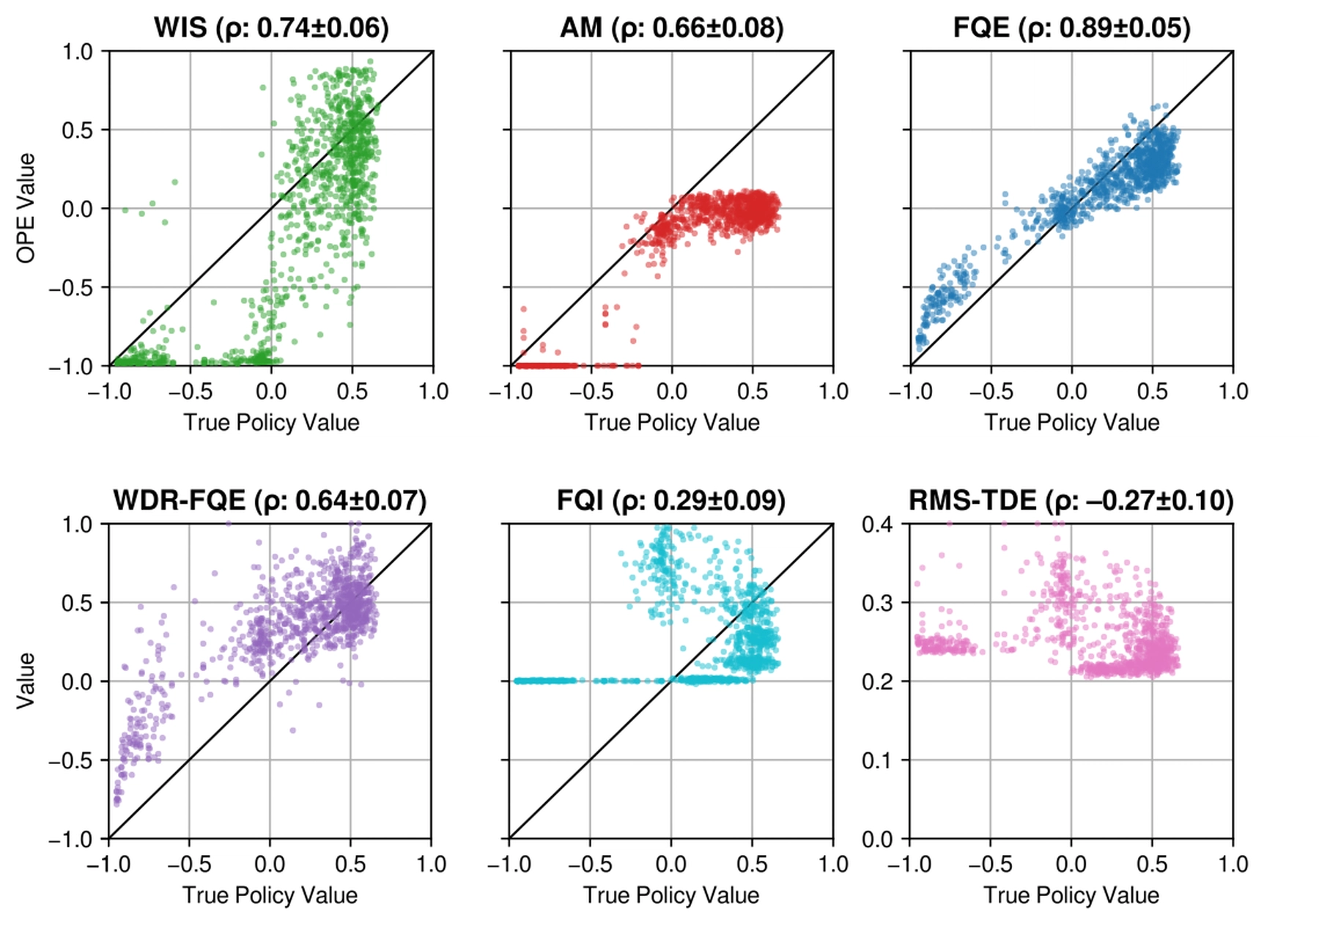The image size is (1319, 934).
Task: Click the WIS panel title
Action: (x=271, y=28)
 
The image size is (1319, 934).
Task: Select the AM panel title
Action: (x=672, y=28)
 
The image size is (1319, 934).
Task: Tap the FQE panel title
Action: (x=1072, y=28)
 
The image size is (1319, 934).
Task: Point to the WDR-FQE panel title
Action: (x=270, y=500)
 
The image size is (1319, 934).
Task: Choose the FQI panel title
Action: (x=671, y=500)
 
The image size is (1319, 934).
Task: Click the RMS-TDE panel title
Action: (x=1071, y=500)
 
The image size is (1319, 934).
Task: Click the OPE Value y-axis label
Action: (x=26, y=208)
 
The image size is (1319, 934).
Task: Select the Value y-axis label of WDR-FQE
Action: (x=26, y=681)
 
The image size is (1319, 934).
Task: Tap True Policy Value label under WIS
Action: (x=271, y=423)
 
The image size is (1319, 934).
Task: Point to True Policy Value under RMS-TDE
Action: (x=1071, y=895)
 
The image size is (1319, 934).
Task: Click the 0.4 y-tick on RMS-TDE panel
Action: (x=878, y=525)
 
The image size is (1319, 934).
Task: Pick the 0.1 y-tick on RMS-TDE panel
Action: (x=878, y=760)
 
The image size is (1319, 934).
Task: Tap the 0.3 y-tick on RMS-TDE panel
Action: (x=878, y=603)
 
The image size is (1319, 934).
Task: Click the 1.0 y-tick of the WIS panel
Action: (x=77, y=52)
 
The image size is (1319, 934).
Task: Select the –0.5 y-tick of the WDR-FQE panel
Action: (x=71, y=760)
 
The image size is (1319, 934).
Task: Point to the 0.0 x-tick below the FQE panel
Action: (x=1072, y=391)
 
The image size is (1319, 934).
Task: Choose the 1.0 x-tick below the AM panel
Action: (x=833, y=391)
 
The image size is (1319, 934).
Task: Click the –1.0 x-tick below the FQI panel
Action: (x=509, y=864)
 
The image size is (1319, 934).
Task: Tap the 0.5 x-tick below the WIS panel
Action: (x=352, y=391)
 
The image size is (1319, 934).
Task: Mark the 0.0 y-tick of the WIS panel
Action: (x=77, y=209)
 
